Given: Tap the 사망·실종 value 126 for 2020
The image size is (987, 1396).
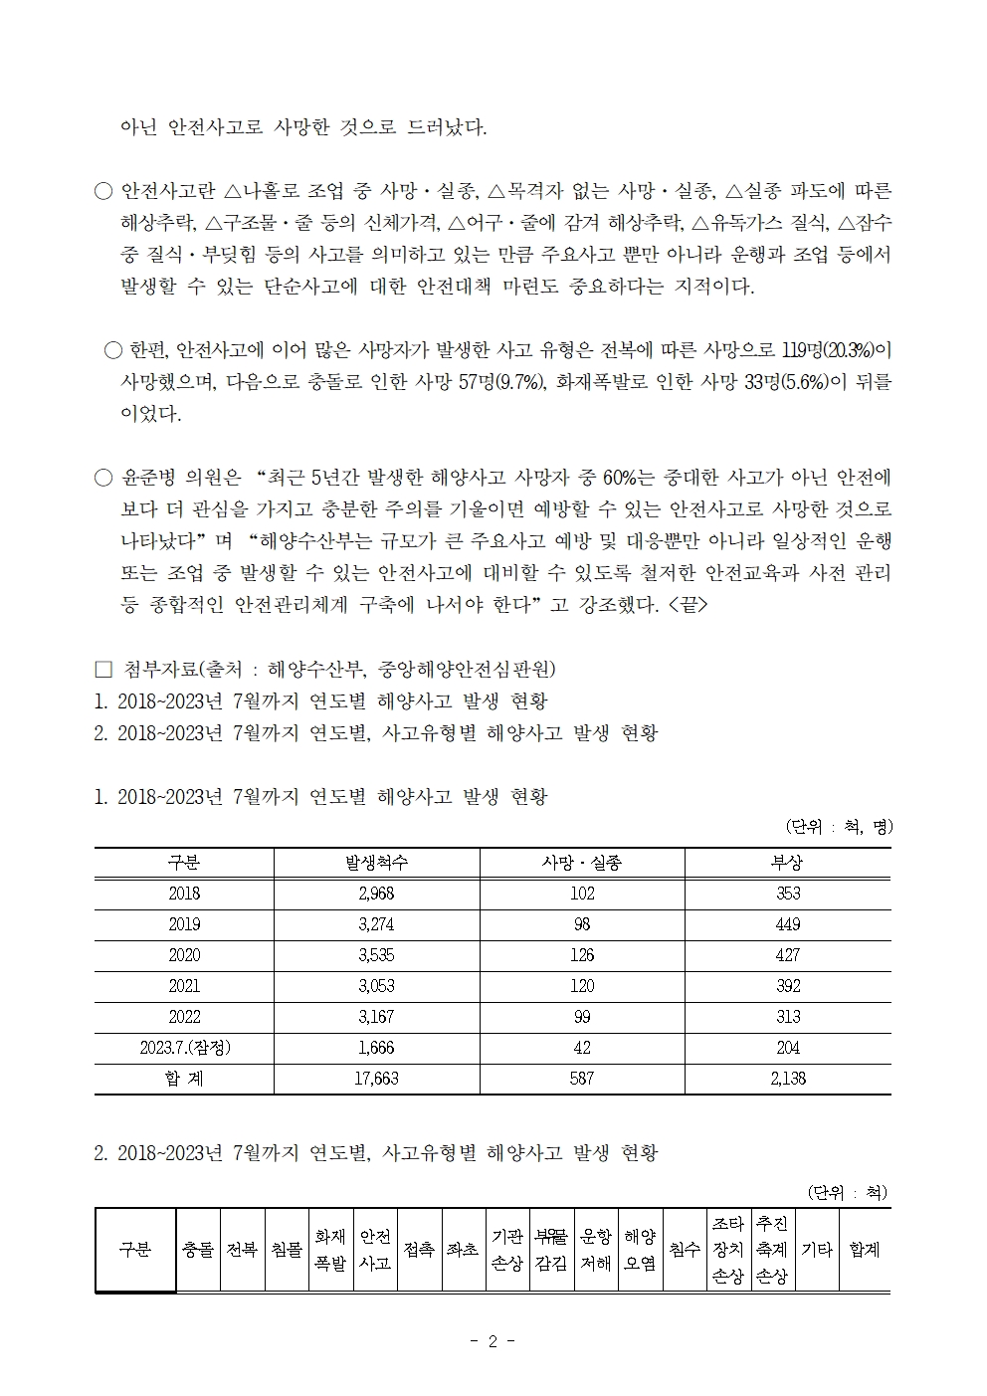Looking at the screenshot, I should point(582,955).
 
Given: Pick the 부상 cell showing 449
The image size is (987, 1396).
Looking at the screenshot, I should point(787,924).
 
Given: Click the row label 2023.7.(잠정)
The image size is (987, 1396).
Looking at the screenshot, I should point(184,1048).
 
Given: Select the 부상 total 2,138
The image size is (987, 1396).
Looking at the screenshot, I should point(787,1079).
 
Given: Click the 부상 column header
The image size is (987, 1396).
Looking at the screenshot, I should point(787,863).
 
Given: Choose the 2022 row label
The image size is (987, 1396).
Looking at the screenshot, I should point(184,1017).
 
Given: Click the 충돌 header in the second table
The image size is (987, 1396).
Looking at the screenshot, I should point(198,1250).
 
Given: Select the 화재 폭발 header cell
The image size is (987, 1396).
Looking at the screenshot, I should point(330,1250).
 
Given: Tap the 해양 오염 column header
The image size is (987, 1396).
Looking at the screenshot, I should point(640,1250).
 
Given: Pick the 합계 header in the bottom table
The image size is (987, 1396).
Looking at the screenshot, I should point(864,1250).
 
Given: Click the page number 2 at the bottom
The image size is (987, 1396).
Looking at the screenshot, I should point(493,1341).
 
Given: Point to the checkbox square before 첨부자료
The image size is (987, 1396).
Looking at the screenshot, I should point(101,669).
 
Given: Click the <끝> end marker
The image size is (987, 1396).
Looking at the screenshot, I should point(689,605).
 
